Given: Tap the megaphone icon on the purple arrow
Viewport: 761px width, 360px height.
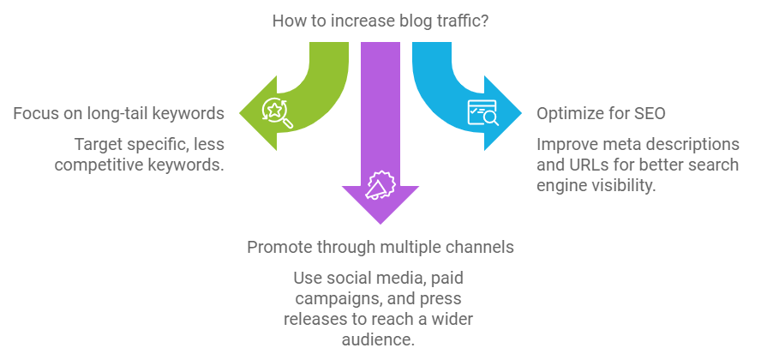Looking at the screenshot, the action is (380, 185).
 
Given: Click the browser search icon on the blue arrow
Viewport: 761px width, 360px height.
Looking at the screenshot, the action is (482, 112).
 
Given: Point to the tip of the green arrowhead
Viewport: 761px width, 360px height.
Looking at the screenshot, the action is (240, 113).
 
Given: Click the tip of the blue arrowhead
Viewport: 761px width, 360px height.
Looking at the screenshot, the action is (522, 113).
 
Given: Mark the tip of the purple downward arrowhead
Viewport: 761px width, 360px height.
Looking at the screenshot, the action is (380, 225).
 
